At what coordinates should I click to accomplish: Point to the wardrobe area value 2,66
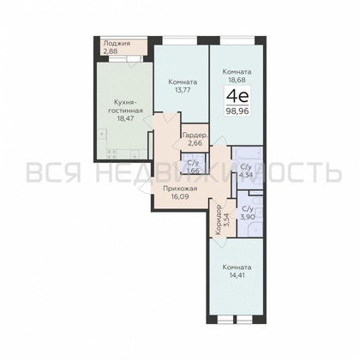point(193,144)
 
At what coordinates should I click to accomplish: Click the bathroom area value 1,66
point(193,171)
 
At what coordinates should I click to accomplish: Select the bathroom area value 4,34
point(247,176)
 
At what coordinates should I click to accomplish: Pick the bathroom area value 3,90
point(247,216)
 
